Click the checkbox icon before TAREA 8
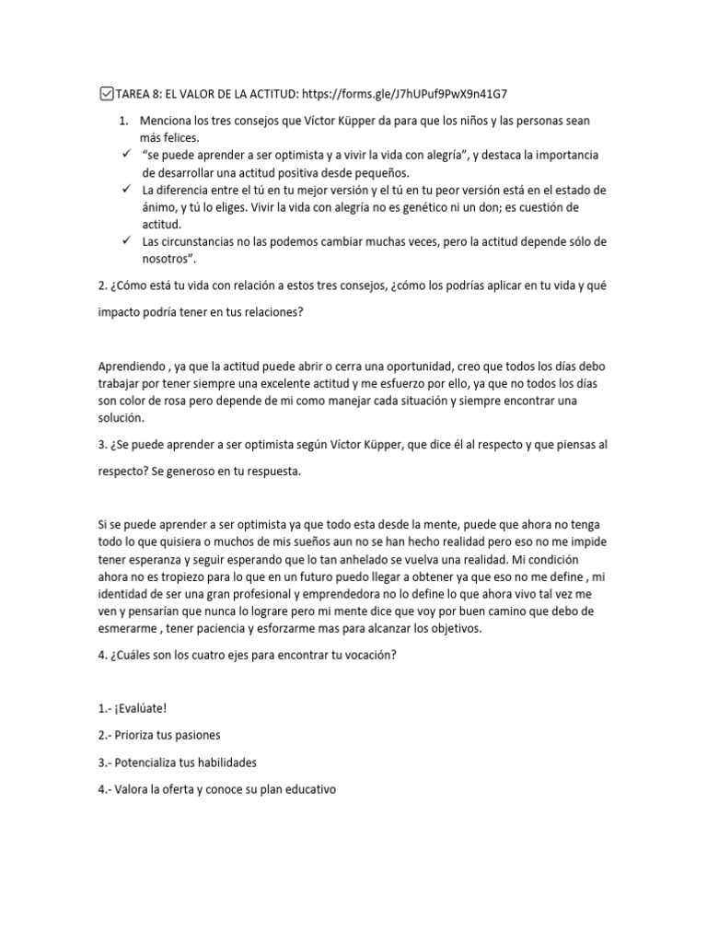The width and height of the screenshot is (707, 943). (104, 93)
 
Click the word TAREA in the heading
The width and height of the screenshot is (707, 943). (134, 93)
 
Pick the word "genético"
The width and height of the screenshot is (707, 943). (429, 206)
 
